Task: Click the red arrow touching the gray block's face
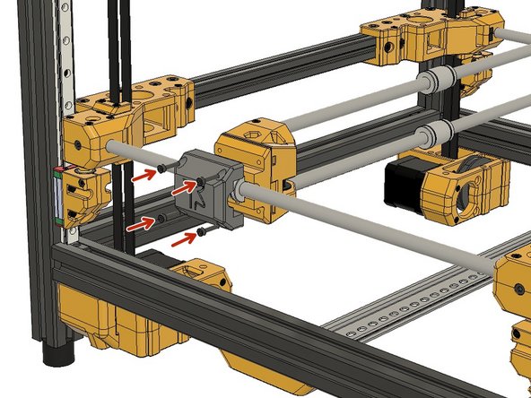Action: pos(183,189)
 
